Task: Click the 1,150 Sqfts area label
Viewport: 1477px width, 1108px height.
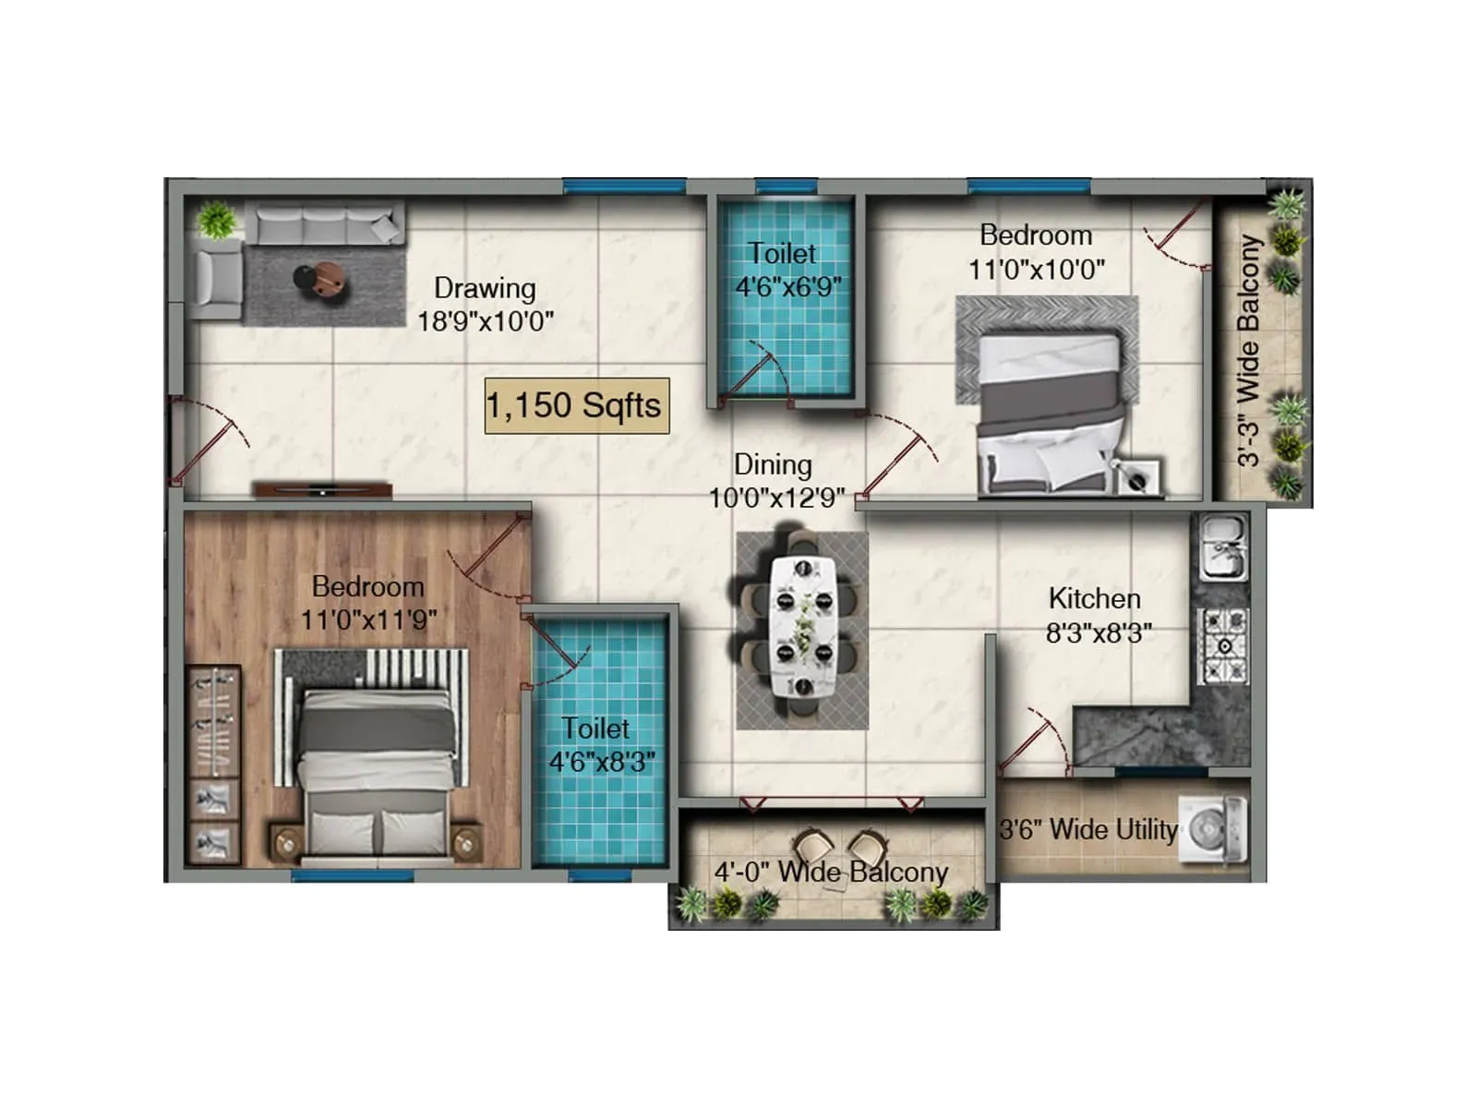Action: pos(576,405)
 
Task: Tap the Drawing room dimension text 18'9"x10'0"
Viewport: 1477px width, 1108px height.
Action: pos(486,321)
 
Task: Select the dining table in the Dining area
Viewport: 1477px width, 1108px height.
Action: pos(803,627)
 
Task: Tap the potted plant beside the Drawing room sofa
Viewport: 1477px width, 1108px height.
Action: pos(216,220)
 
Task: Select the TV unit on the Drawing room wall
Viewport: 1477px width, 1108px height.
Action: pos(323,489)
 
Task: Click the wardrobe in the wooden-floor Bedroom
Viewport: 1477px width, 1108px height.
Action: pos(212,765)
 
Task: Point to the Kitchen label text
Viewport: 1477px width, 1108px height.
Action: pos(1095,598)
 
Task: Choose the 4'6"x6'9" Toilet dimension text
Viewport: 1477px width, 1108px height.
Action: pos(788,287)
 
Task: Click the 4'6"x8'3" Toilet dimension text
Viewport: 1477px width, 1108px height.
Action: pos(602,763)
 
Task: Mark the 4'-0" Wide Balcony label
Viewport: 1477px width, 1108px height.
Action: pos(831,873)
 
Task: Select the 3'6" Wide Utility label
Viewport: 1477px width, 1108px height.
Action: pos(1088,829)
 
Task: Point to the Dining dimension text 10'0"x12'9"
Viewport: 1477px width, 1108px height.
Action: pos(776,499)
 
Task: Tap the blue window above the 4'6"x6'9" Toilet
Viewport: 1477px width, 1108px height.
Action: pos(786,185)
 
